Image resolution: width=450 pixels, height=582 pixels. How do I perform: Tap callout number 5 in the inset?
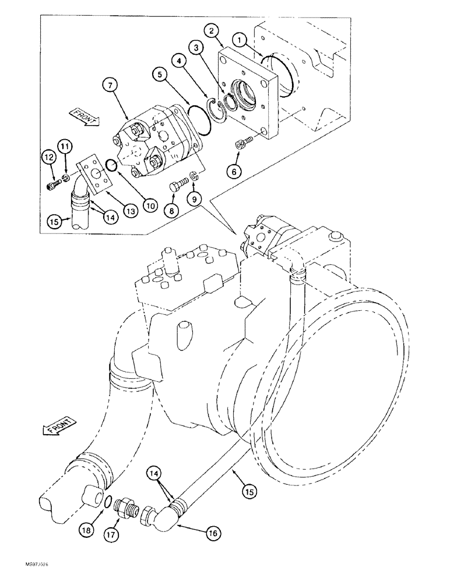[x=159, y=74]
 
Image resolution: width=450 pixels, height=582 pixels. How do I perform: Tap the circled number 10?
[x=152, y=205]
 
